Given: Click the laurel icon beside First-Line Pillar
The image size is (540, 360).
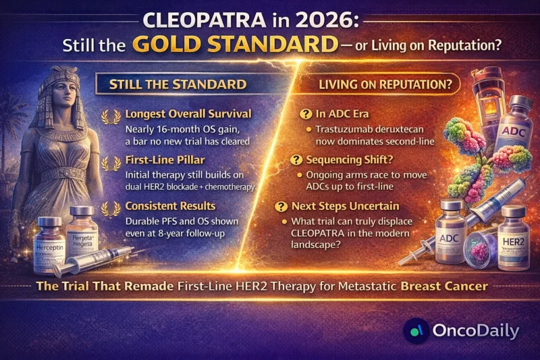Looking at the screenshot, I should pos(107,163).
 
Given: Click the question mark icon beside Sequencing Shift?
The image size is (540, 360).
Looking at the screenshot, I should pos(297,160).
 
